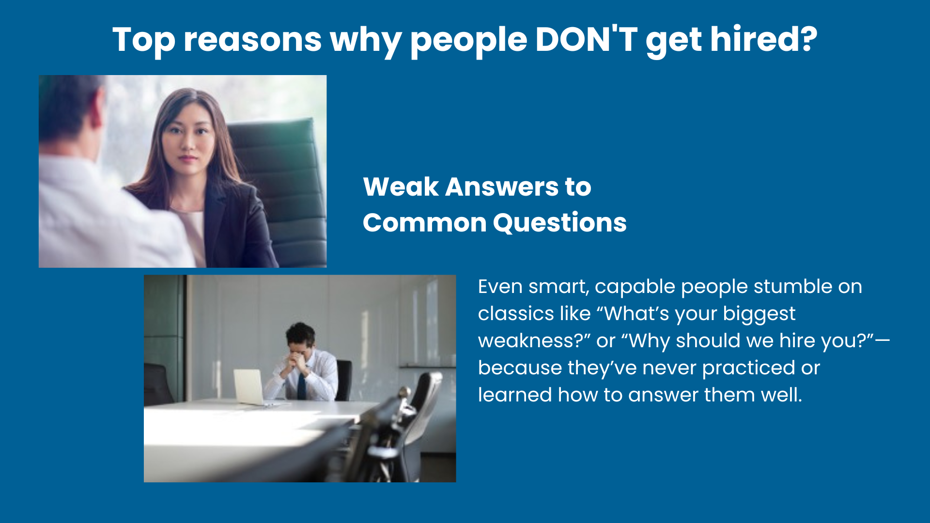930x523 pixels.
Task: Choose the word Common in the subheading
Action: coord(425,223)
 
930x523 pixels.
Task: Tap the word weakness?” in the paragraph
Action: coord(534,340)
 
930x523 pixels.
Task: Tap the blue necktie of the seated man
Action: coord(302,385)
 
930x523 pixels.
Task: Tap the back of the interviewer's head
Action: coord(68,111)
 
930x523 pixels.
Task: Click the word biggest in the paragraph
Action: coord(759,314)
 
